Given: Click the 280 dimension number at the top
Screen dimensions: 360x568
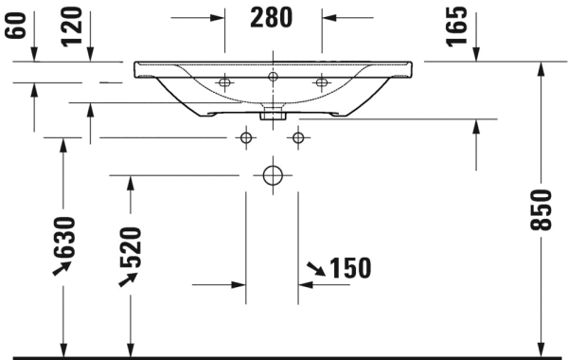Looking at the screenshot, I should click(273, 17).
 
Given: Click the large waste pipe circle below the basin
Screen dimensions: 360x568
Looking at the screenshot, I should click(273, 175).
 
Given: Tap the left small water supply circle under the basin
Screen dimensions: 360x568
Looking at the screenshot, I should click(246, 138).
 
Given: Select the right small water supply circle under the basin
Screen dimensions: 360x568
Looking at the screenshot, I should click(299, 138).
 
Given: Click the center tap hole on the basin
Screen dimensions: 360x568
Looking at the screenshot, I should click(273, 75).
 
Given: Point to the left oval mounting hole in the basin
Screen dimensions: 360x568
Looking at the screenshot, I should click(224, 83).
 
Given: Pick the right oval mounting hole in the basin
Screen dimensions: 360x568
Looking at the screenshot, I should click(321, 83).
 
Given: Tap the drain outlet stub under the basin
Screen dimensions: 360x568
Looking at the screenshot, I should click(273, 117).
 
